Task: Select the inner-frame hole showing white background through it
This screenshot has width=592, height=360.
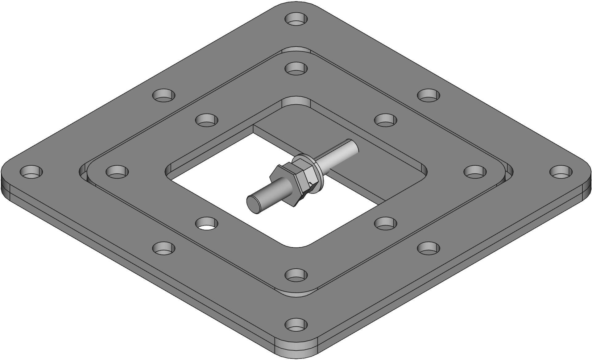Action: click(207, 223)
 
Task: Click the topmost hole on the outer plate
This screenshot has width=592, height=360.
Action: click(296, 19)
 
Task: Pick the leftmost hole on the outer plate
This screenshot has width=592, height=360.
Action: click(31, 172)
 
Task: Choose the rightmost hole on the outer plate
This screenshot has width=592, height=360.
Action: click(561, 172)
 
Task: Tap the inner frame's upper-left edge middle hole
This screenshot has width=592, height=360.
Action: click(207, 119)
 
